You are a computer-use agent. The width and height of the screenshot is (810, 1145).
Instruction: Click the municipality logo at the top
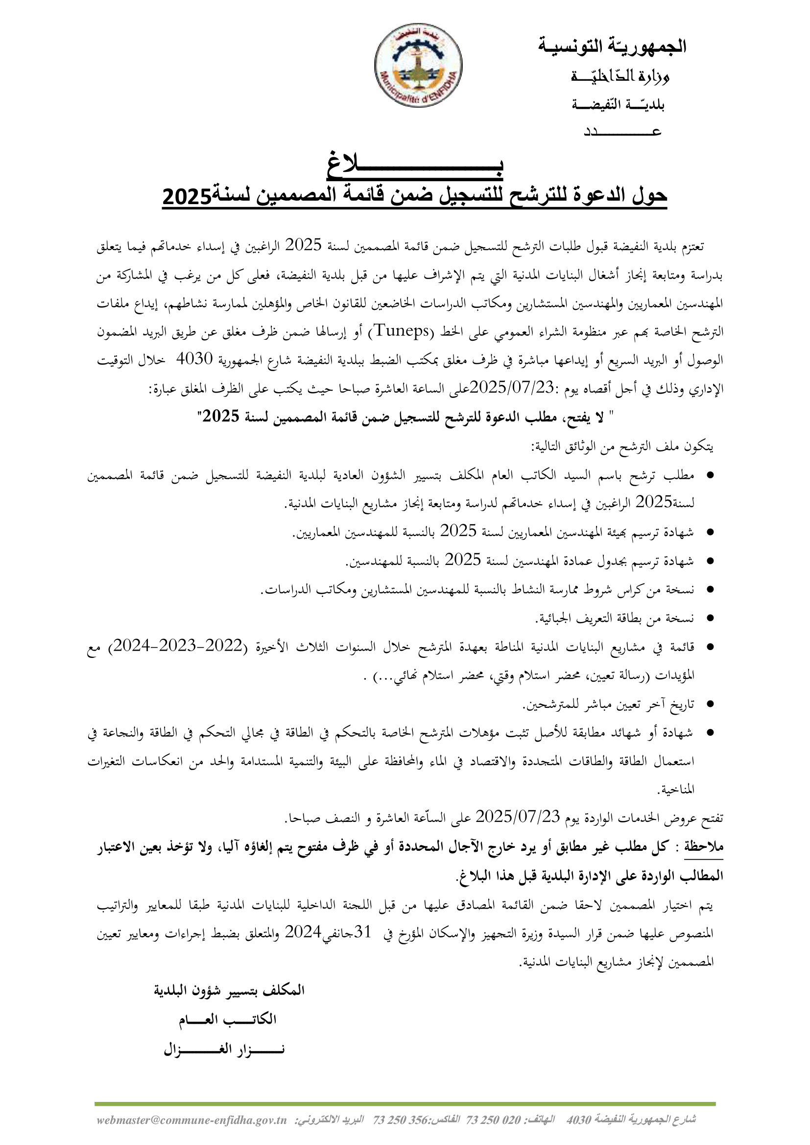coord(418,65)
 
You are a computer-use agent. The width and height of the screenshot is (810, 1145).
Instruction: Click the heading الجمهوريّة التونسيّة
coord(612,47)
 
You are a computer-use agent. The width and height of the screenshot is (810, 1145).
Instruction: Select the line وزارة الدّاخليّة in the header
coord(620,76)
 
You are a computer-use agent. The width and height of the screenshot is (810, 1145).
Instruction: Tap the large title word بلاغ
coord(415,169)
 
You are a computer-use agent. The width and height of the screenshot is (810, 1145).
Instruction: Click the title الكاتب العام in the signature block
coord(227,1020)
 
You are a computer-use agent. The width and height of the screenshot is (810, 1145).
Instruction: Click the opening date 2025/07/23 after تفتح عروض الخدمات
coord(519,818)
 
